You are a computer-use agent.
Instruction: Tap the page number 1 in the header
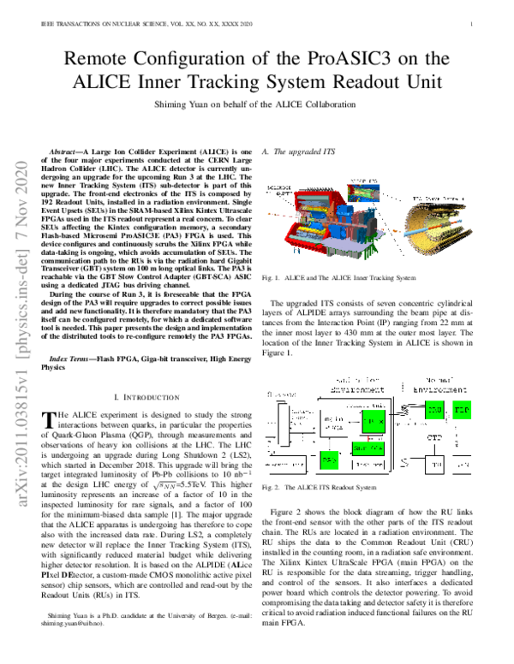click(x=472, y=24)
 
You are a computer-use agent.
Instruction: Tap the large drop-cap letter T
click(x=49, y=420)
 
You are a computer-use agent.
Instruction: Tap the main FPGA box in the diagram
click(x=371, y=420)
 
